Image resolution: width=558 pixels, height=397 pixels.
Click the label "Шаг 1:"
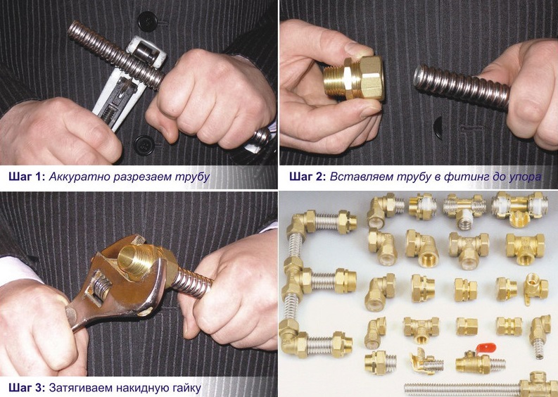pyautogui.click(x=27, y=177)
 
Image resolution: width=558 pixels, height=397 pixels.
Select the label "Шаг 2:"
pyautogui.click(x=307, y=177)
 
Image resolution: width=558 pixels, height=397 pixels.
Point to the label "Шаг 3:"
pyautogui.click(x=27, y=387)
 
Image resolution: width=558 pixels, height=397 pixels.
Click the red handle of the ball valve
pyautogui.click(x=486, y=346)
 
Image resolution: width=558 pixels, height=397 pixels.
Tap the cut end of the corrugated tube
pyautogui.click(x=419, y=77)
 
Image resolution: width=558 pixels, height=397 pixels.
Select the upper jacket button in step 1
pyautogui.click(x=147, y=21)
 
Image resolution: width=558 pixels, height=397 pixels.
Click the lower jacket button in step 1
pyautogui.click(x=144, y=145)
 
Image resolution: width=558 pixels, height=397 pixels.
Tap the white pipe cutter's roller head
pyautogui.click(x=145, y=52)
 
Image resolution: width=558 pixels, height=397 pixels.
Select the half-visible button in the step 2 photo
pyautogui.click(x=438, y=127)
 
